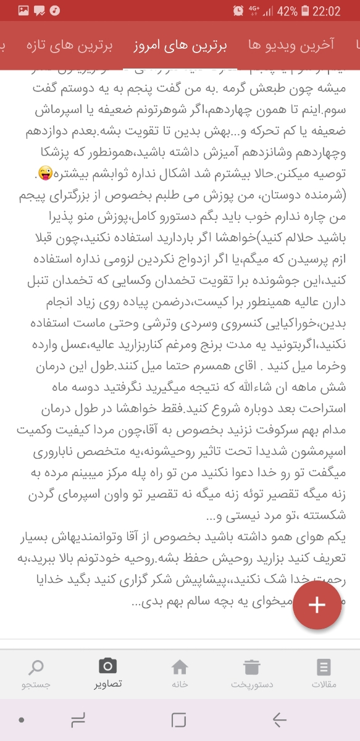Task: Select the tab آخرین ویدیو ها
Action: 291,46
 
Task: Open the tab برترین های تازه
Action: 69,46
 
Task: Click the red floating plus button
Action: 317,605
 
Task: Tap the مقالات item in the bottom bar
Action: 324,672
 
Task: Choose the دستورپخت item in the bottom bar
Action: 252,672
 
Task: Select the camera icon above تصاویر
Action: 107,666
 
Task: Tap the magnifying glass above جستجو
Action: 36,667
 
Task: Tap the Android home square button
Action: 179,720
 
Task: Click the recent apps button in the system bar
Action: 78,720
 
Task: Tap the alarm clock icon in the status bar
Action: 238,11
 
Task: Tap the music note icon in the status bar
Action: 54,10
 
